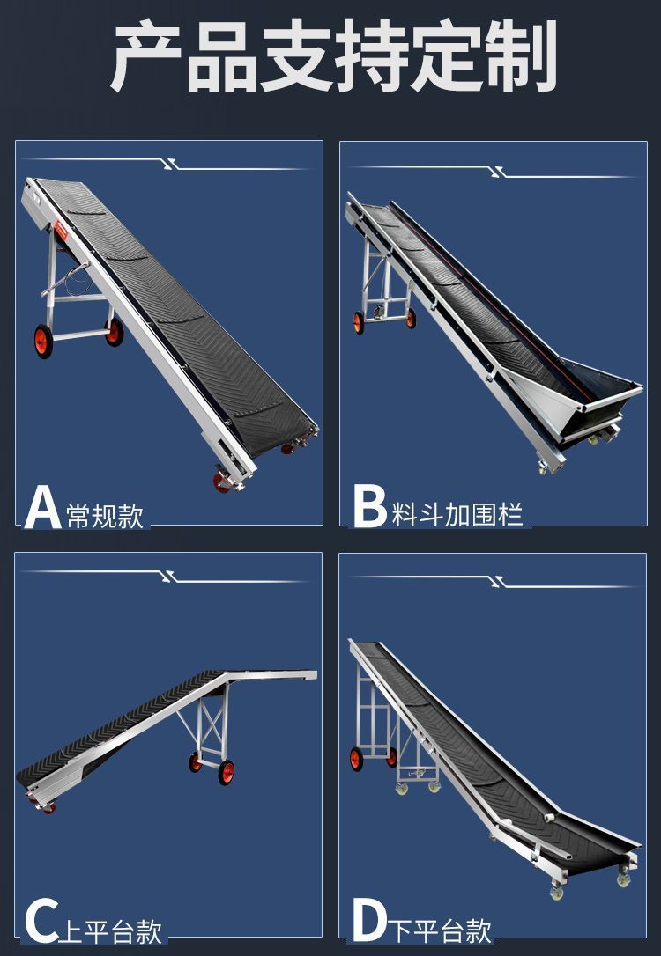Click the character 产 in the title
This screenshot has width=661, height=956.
point(145,57)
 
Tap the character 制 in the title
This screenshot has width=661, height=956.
point(521,56)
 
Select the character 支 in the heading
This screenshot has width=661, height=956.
point(295,56)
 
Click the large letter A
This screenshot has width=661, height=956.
point(42,507)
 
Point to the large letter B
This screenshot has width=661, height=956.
point(370,507)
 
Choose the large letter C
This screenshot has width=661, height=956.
point(41,922)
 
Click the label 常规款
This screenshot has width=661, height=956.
point(104,516)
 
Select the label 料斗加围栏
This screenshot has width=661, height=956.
point(457,515)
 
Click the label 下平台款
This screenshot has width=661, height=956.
point(440,930)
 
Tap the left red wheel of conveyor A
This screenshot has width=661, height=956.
point(43,341)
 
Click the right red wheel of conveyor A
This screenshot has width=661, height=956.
point(115,332)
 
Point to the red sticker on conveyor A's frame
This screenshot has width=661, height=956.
point(61,231)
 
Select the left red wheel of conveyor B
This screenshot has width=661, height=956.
point(359,322)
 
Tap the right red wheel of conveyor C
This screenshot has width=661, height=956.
point(227,772)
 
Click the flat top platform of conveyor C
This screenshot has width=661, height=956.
point(271,675)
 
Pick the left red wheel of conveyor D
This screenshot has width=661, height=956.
point(356,759)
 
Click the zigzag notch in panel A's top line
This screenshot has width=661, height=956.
point(171,164)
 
